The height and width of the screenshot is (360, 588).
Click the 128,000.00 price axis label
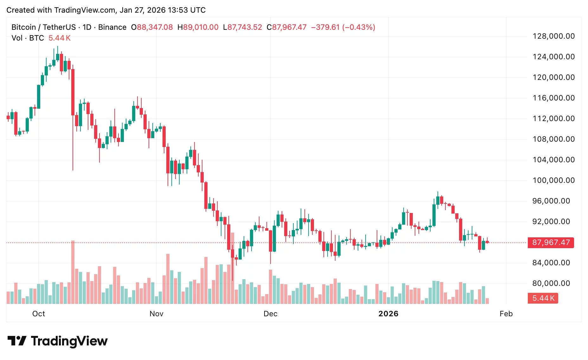[x=553, y=36]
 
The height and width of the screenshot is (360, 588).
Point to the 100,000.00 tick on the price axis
[x=553, y=180]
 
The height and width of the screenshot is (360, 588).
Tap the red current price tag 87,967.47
[x=551, y=242]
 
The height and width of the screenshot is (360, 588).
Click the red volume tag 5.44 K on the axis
[x=543, y=298]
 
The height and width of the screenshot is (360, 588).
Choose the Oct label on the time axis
[x=39, y=314]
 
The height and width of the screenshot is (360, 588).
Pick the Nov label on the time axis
[x=157, y=314]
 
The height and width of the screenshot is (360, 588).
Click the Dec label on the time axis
[x=271, y=314]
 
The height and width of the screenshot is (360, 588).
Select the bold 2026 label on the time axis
[x=388, y=314]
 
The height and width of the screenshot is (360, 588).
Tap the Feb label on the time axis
[x=506, y=314]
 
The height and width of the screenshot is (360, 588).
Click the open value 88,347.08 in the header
[x=155, y=27]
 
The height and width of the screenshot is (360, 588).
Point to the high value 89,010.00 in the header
[x=201, y=27]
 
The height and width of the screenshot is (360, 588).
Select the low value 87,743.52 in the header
[x=245, y=27]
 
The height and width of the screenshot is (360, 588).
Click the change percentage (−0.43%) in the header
[x=359, y=27]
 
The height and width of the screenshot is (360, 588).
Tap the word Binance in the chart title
[x=112, y=27]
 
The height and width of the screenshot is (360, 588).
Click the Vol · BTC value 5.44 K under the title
[x=60, y=38]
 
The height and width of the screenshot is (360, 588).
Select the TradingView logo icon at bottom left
[x=16, y=341]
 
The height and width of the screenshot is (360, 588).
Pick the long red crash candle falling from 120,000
[x=73, y=92]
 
